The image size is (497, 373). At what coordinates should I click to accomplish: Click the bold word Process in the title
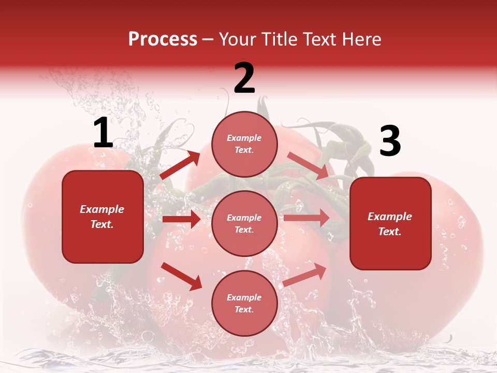tap(163, 39)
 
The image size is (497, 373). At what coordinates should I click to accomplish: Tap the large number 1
tap(103, 133)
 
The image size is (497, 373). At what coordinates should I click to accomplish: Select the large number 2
tap(244, 78)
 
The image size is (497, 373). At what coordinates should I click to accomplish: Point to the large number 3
tap(390, 141)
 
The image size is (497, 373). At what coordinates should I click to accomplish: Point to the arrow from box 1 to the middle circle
tap(181, 219)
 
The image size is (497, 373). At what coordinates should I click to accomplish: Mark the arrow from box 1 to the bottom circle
tap(181, 276)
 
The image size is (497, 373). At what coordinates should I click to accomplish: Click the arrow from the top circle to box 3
tap(308, 166)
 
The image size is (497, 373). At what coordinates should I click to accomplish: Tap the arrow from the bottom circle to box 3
tap(304, 275)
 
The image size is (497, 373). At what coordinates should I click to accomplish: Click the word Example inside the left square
tap(102, 209)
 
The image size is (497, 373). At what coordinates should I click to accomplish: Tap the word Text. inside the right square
tap(390, 232)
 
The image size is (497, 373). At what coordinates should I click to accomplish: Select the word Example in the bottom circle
tap(244, 297)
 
